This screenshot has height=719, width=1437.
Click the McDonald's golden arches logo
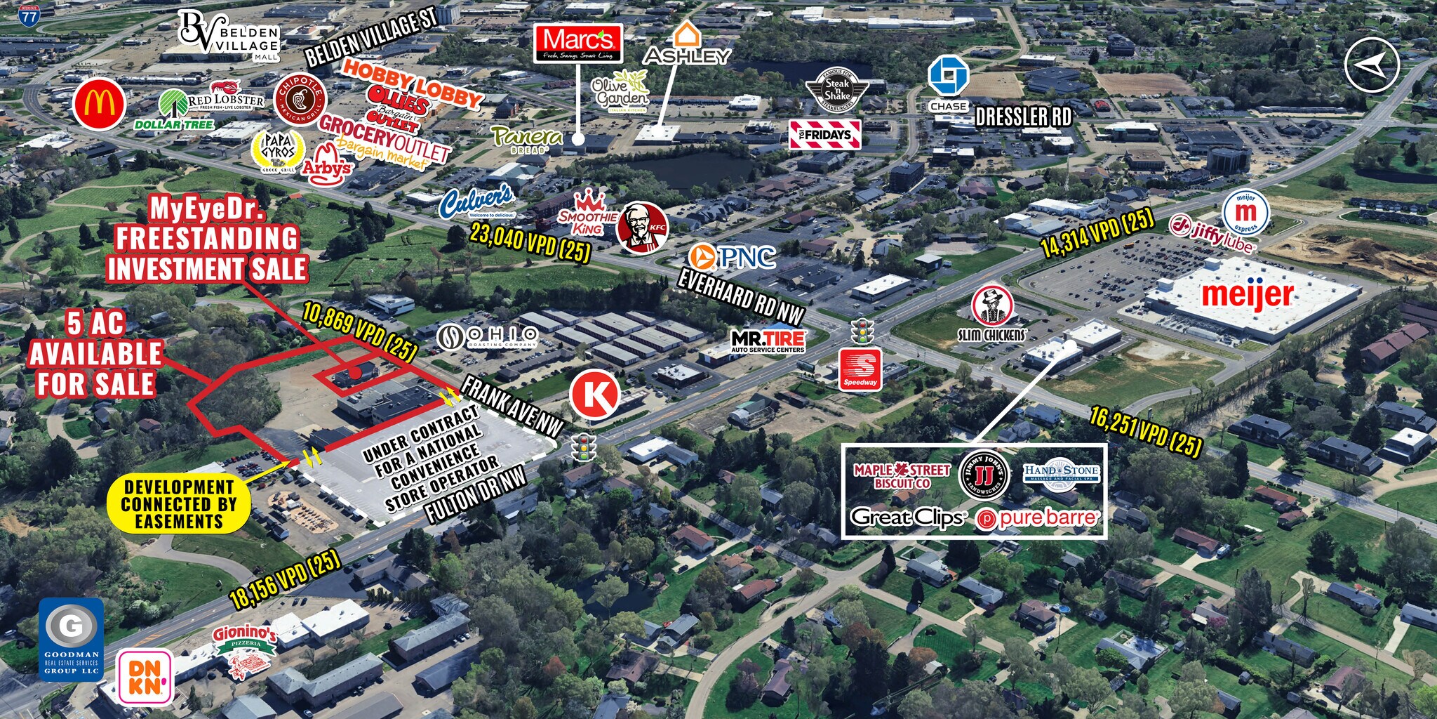coord(99,105)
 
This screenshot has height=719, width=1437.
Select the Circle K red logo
coord(594,395)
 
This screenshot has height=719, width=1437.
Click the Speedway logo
coord(860,369)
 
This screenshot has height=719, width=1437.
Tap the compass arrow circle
coord(1372,65)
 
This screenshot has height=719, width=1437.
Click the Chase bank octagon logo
coord(948,76)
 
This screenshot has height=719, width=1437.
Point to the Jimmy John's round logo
coord(984,475)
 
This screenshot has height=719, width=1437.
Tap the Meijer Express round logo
coord(1245,212)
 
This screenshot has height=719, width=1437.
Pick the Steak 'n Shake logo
coord(837,91)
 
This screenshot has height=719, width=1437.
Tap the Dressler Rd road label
coord(1023,117)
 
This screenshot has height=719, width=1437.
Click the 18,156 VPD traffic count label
coord(285,579)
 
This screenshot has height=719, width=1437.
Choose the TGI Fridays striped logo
coord(824,134)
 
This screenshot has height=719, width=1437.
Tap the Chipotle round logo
coord(300,99)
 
